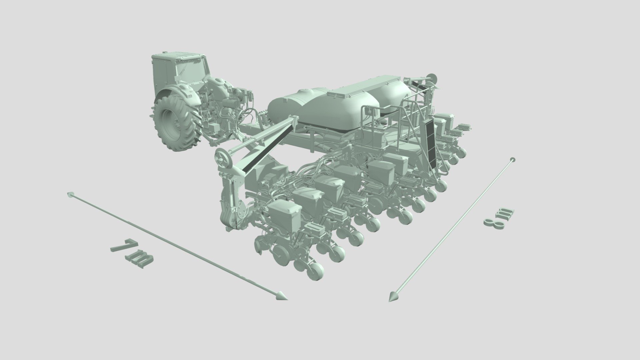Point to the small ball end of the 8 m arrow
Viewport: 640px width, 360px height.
(x=513, y=159)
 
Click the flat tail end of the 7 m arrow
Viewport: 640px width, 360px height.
(x=70, y=194)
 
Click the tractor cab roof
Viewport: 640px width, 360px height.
(x=178, y=56)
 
